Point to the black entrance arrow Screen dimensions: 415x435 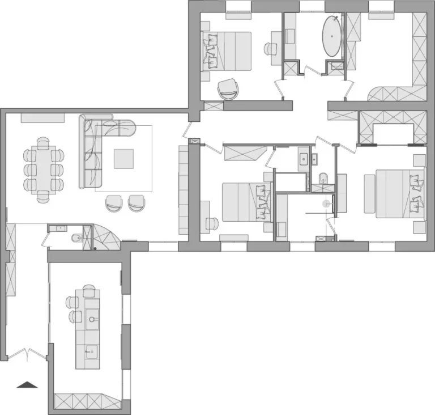(27, 385)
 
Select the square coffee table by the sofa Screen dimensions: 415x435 (124, 158)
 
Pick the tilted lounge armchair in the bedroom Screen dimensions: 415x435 (228, 88)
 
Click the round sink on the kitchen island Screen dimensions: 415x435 (92, 320)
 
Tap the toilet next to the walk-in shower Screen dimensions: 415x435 (323, 178)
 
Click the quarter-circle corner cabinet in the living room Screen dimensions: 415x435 (103, 236)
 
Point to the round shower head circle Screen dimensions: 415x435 (326, 202)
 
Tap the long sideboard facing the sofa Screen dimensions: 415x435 (184, 189)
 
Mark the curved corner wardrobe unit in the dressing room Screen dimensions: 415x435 (387, 93)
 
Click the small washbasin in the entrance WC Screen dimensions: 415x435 (59, 228)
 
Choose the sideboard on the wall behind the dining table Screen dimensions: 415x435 (43, 117)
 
